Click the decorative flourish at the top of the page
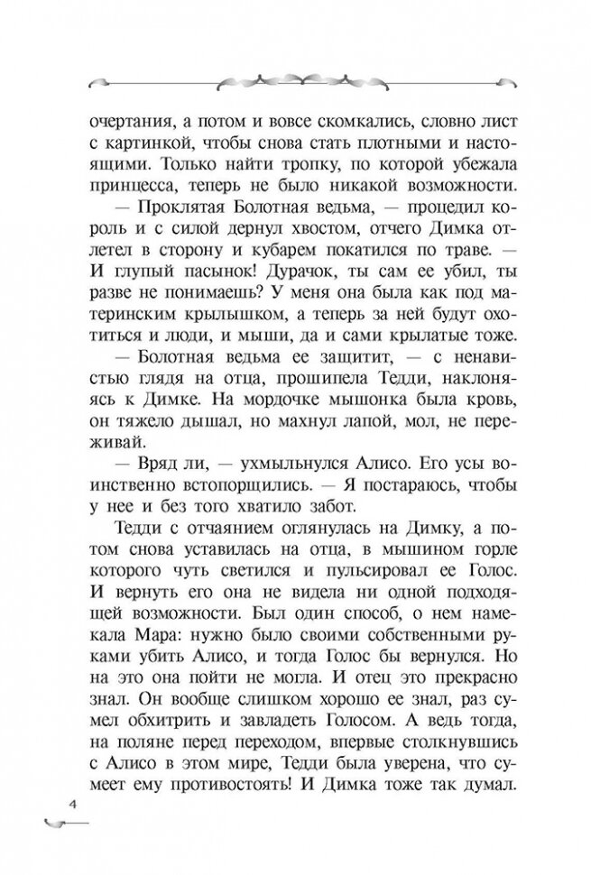pyautogui.click(x=295, y=78)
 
